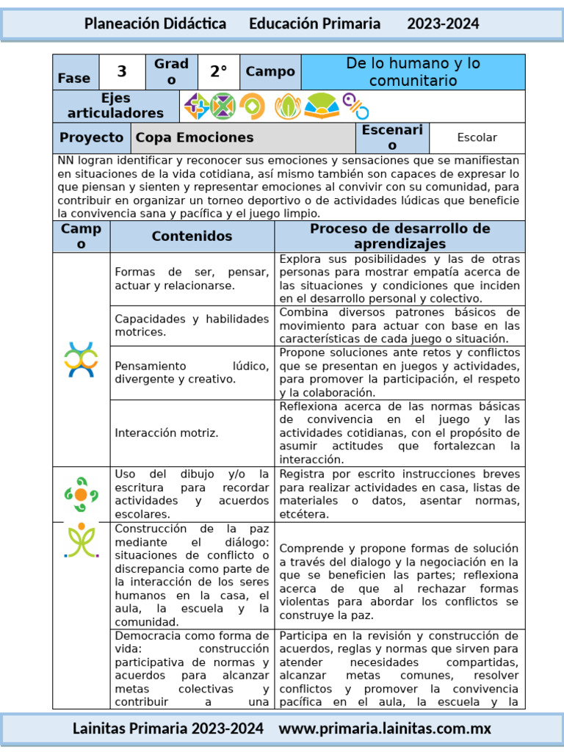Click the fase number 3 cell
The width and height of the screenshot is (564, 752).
point(122,72)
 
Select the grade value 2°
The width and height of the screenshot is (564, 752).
point(219,72)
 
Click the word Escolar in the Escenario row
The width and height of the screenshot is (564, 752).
point(477,137)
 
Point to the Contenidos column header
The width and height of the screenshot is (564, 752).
point(192,236)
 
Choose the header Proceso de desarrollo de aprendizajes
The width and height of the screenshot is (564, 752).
point(399,236)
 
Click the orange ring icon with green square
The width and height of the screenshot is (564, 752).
point(252,106)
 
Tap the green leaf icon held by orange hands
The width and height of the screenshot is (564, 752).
point(288,106)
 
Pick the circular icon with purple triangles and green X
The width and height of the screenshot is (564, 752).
point(223,106)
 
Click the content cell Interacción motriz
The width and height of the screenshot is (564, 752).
point(167,433)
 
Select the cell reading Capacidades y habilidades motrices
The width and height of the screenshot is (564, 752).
point(192,325)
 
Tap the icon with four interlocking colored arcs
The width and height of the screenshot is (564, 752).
point(81,359)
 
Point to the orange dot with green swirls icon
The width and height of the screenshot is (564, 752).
point(81,493)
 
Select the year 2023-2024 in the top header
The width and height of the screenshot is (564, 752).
point(443,23)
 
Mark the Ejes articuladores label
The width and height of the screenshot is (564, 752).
point(116,106)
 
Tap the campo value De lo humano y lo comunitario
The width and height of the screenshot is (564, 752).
point(413,72)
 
